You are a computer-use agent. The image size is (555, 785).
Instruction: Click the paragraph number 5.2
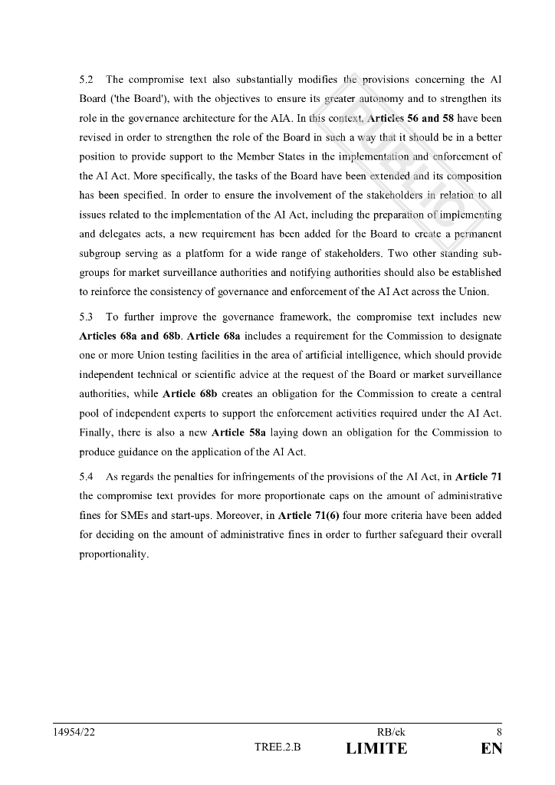86,80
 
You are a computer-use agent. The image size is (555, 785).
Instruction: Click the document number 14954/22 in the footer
74,732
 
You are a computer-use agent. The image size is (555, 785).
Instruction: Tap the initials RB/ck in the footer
392,732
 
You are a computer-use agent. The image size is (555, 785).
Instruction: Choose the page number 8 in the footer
498,732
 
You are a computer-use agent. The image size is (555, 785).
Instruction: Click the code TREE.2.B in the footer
277,749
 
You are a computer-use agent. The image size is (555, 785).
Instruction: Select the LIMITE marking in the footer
377,749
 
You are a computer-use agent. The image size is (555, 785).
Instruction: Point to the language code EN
491,749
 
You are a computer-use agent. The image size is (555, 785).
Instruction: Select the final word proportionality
113,553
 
